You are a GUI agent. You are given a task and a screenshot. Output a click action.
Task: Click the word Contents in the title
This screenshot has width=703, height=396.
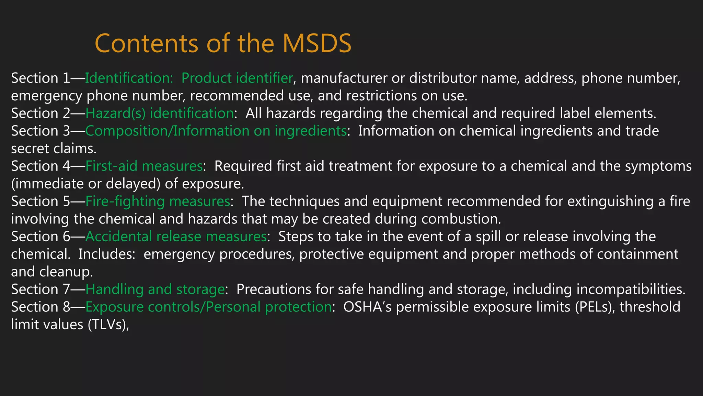146,43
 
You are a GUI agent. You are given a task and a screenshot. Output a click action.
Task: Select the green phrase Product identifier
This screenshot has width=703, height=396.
237,78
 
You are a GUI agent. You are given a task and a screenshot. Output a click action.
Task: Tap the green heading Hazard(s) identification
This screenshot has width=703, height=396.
160,113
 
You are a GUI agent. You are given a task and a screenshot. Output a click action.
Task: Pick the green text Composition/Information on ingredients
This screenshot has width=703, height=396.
216,131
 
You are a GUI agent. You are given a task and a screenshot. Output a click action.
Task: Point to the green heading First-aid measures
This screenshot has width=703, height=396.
144,166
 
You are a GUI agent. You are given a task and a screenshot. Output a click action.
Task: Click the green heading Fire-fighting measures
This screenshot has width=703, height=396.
158,201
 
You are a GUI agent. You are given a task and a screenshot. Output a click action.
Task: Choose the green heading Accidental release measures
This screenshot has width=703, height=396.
176,237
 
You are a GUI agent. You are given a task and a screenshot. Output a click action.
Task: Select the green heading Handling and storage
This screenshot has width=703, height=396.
155,289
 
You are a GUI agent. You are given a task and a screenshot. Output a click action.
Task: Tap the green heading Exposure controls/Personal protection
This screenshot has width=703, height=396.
208,307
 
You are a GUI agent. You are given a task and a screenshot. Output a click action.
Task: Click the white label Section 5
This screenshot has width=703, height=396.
41,201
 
